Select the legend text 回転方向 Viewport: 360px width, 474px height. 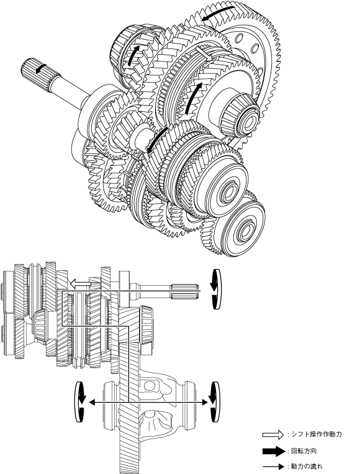coord(304,452)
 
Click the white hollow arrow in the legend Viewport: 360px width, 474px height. coord(273,435)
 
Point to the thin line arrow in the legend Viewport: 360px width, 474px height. coord(273,467)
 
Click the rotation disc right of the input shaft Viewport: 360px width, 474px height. coord(215,289)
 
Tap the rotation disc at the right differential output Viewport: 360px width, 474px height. coord(215,402)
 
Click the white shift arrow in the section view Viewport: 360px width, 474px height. coord(80,283)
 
